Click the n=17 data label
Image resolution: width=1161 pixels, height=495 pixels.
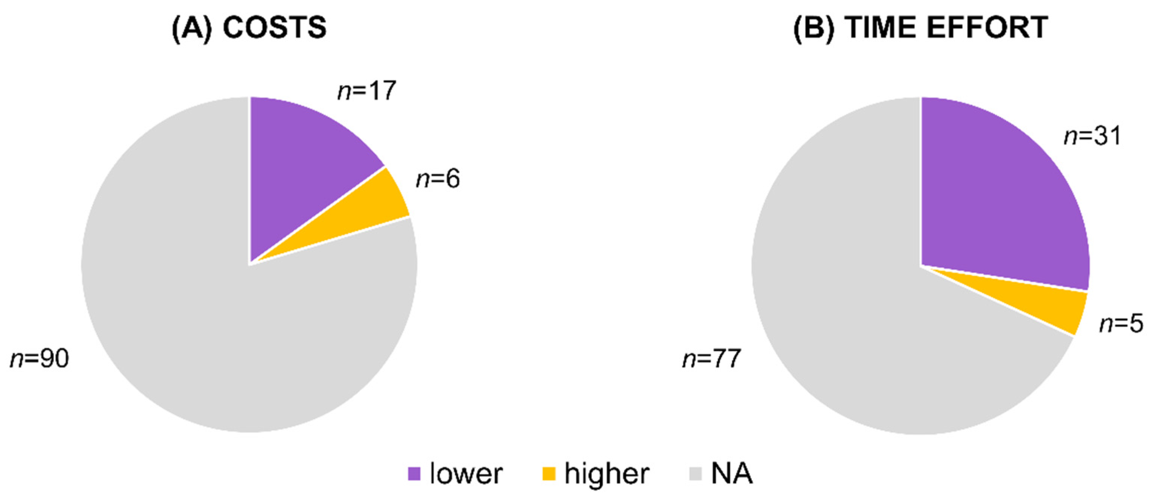[367, 90]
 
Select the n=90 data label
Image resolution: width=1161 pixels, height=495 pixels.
[40, 359]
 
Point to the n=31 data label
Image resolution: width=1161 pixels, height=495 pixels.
[1093, 135]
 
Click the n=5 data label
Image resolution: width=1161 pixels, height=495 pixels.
[1121, 323]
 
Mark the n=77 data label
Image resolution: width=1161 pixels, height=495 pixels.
[712, 359]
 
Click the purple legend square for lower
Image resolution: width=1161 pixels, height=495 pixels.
[414, 474]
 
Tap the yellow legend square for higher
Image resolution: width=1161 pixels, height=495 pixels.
[549, 474]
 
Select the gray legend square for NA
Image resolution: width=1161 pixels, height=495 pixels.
[695, 474]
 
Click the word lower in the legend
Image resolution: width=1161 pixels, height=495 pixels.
[466, 474]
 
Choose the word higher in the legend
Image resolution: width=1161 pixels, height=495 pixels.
[607, 474]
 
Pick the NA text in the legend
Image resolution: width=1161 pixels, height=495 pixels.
[732, 474]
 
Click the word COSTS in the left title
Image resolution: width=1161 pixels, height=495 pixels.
[274, 27]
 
